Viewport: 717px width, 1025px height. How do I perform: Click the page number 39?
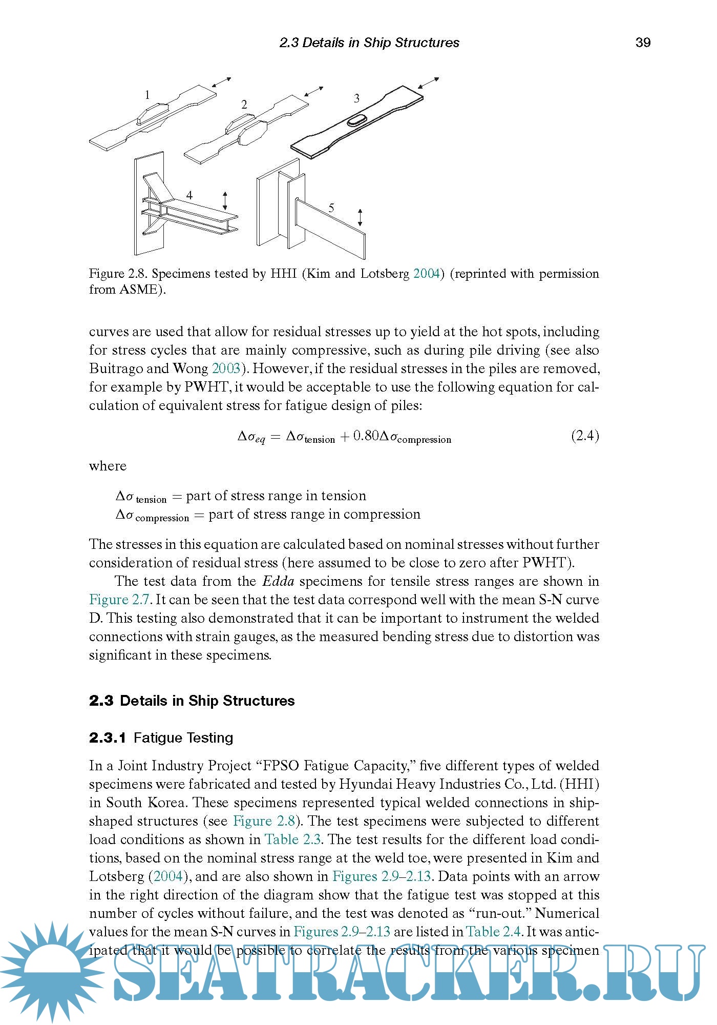(643, 43)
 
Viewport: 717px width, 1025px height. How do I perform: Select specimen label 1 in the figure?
(147, 95)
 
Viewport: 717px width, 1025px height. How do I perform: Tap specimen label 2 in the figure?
(244, 105)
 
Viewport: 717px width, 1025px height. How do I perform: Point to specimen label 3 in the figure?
(356, 98)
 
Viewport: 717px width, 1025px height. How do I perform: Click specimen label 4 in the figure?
(189, 195)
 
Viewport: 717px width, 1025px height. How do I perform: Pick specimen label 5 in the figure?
(331, 208)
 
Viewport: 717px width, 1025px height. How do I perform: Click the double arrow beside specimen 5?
(360, 217)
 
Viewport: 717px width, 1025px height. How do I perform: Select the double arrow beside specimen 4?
(225, 200)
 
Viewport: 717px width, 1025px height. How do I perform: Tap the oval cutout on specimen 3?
(356, 121)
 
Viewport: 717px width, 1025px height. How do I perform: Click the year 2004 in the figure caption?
(426, 274)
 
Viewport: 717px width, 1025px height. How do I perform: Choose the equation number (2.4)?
(585, 436)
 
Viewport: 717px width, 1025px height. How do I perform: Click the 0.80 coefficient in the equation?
(366, 436)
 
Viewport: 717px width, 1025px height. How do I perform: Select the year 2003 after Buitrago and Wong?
(226, 368)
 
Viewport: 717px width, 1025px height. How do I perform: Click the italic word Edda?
(278, 581)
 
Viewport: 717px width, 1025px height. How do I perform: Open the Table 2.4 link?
(493, 932)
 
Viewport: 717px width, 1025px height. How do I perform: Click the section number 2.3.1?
(108, 738)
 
